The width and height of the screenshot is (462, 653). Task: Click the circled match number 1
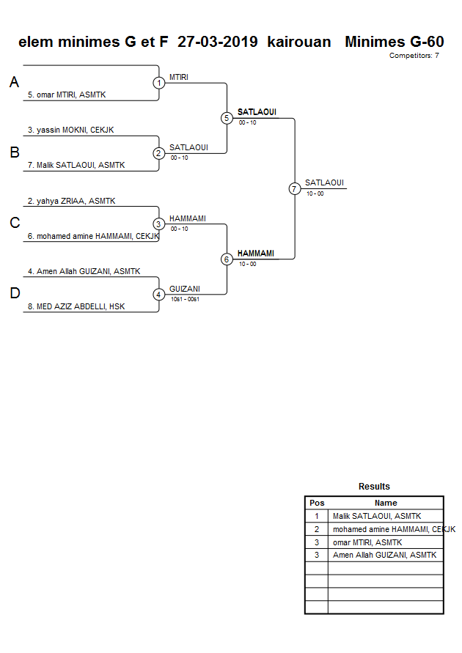pyautogui.click(x=159, y=83)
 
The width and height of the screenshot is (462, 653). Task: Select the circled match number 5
pyautogui.click(x=227, y=118)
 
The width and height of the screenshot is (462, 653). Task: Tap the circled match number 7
pyautogui.click(x=294, y=188)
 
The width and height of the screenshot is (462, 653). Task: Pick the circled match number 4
pyautogui.click(x=159, y=295)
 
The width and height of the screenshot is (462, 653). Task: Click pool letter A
pyautogui.click(x=14, y=83)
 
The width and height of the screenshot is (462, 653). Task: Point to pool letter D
pyautogui.click(x=14, y=294)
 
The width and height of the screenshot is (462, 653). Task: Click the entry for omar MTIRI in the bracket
pyautogui.click(x=67, y=95)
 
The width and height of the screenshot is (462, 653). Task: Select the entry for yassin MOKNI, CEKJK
pyautogui.click(x=70, y=130)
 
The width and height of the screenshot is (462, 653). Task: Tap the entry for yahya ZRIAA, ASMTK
pyautogui.click(x=71, y=201)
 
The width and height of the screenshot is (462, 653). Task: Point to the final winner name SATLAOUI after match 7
pyautogui.click(x=324, y=182)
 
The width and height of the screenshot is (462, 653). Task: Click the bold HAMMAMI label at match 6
pyautogui.click(x=255, y=253)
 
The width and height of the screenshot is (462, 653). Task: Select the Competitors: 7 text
pyautogui.click(x=414, y=56)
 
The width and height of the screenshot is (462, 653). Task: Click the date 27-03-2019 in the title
pyautogui.click(x=217, y=42)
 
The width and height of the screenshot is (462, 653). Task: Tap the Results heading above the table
pyautogui.click(x=374, y=487)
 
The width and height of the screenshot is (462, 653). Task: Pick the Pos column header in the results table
pyautogui.click(x=317, y=503)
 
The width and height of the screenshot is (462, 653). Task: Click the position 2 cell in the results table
pyautogui.click(x=317, y=529)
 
